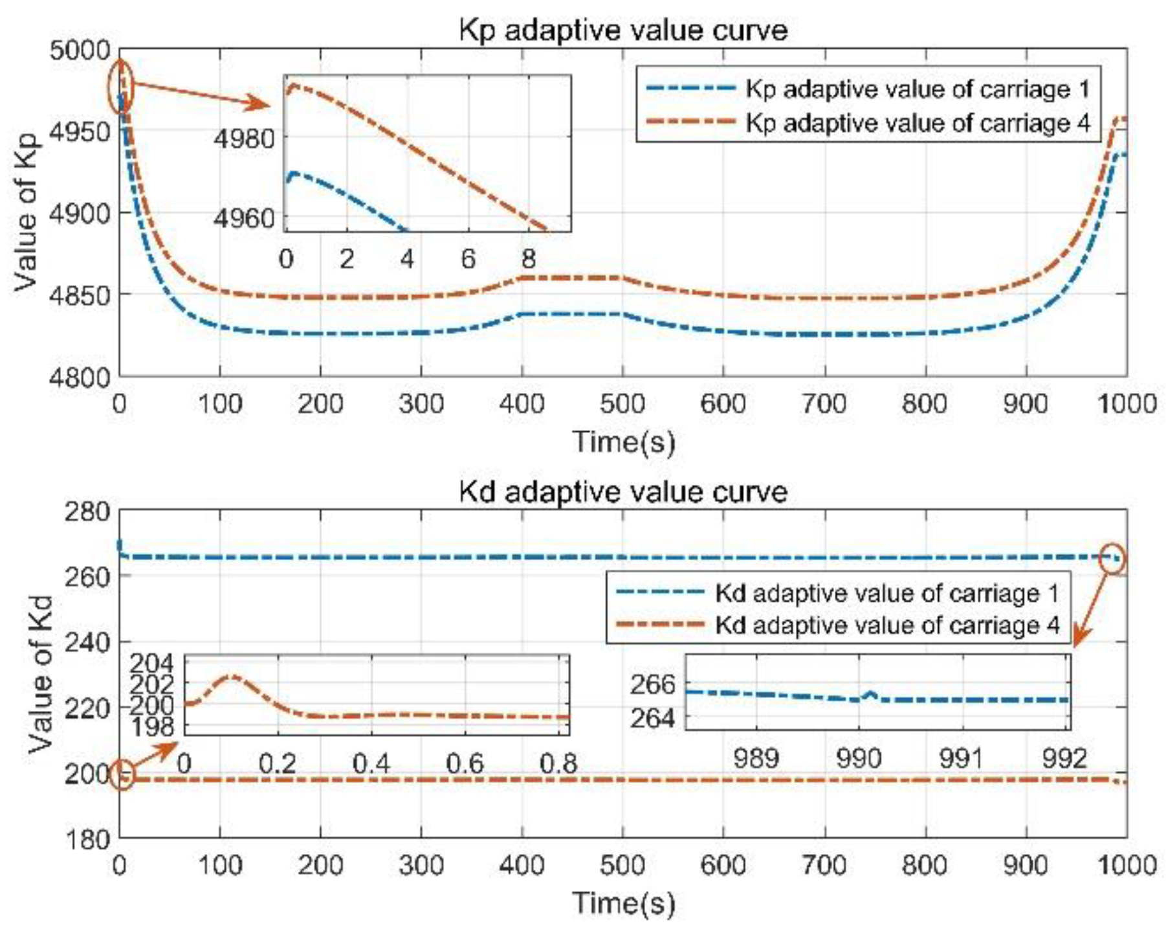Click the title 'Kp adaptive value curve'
pyautogui.click(x=622, y=30)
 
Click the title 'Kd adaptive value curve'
pyautogui.click(x=622, y=491)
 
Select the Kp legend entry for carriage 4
pyautogui.click(x=917, y=122)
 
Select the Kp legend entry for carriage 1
pyautogui.click(x=917, y=89)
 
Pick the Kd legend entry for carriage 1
pyautogui.click(x=886, y=592)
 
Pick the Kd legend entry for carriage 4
pyautogui.click(x=886, y=625)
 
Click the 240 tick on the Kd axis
pyautogui.click(x=87, y=642)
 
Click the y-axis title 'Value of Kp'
pyautogui.click(x=26, y=214)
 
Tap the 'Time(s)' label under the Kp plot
pyautogui.click(x=622, y=442)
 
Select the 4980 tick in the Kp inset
pyautogui.click(x=245, y=139)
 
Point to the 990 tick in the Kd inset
pyautogui.click(x=858, y=758)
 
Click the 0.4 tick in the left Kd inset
pyautogui.click(x=371, y=764)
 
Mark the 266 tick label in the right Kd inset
pyautogui.click(x=652, y=685)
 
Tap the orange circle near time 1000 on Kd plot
pyautogui.click(x=1113, y=559)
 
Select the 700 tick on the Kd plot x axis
pyautogui.click(x=824, y=866)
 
